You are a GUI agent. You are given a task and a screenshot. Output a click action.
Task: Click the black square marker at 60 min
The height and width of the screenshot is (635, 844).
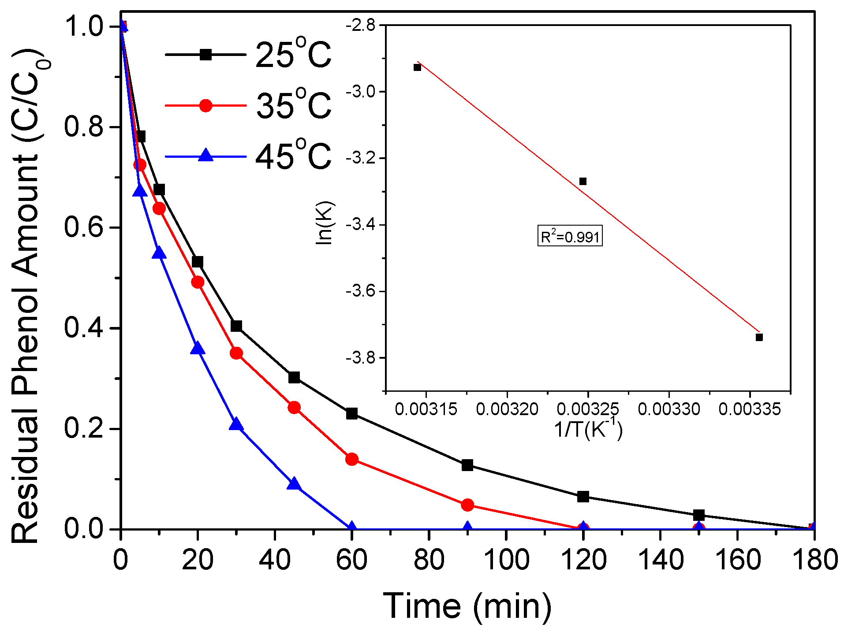click(351, 414)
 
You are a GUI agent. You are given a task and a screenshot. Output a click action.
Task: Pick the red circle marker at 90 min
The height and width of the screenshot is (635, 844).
click(467, 505)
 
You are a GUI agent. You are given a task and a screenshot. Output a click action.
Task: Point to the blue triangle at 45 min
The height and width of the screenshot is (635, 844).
click(294, 484)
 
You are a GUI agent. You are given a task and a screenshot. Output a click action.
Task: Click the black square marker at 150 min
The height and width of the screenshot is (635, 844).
click(698, 515)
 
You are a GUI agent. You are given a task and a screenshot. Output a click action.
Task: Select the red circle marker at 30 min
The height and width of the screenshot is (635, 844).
click(236, 353)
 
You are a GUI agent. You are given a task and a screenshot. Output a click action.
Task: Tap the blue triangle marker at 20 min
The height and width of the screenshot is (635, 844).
click(198, 348)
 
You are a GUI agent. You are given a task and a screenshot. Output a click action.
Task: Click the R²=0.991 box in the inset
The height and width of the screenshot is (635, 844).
click(570, 236)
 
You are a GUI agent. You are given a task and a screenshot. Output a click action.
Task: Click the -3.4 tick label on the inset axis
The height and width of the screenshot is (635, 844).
click(360, 225)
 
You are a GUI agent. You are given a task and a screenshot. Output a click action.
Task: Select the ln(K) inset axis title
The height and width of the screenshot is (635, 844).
click(325, 223)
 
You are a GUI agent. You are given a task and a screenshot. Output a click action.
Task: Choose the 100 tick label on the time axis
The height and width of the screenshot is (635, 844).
click(506, 560)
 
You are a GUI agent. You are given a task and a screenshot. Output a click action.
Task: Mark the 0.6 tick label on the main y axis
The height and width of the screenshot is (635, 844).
click(83, 227)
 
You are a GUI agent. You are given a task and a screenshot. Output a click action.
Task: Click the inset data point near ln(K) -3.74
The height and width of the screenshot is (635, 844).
click(759, 337)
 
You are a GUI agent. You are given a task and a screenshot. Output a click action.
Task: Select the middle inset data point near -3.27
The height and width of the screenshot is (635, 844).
click(583, 181)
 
